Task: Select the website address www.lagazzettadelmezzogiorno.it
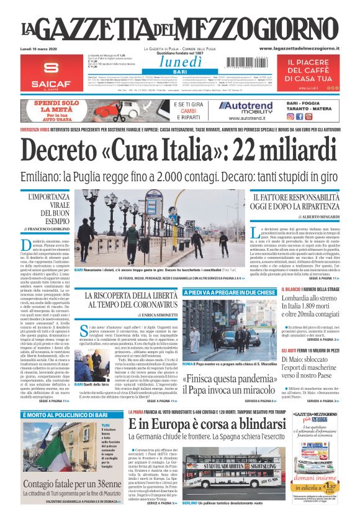(299, 48)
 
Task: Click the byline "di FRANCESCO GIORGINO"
(48, 229)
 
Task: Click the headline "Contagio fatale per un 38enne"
(70, 484)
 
